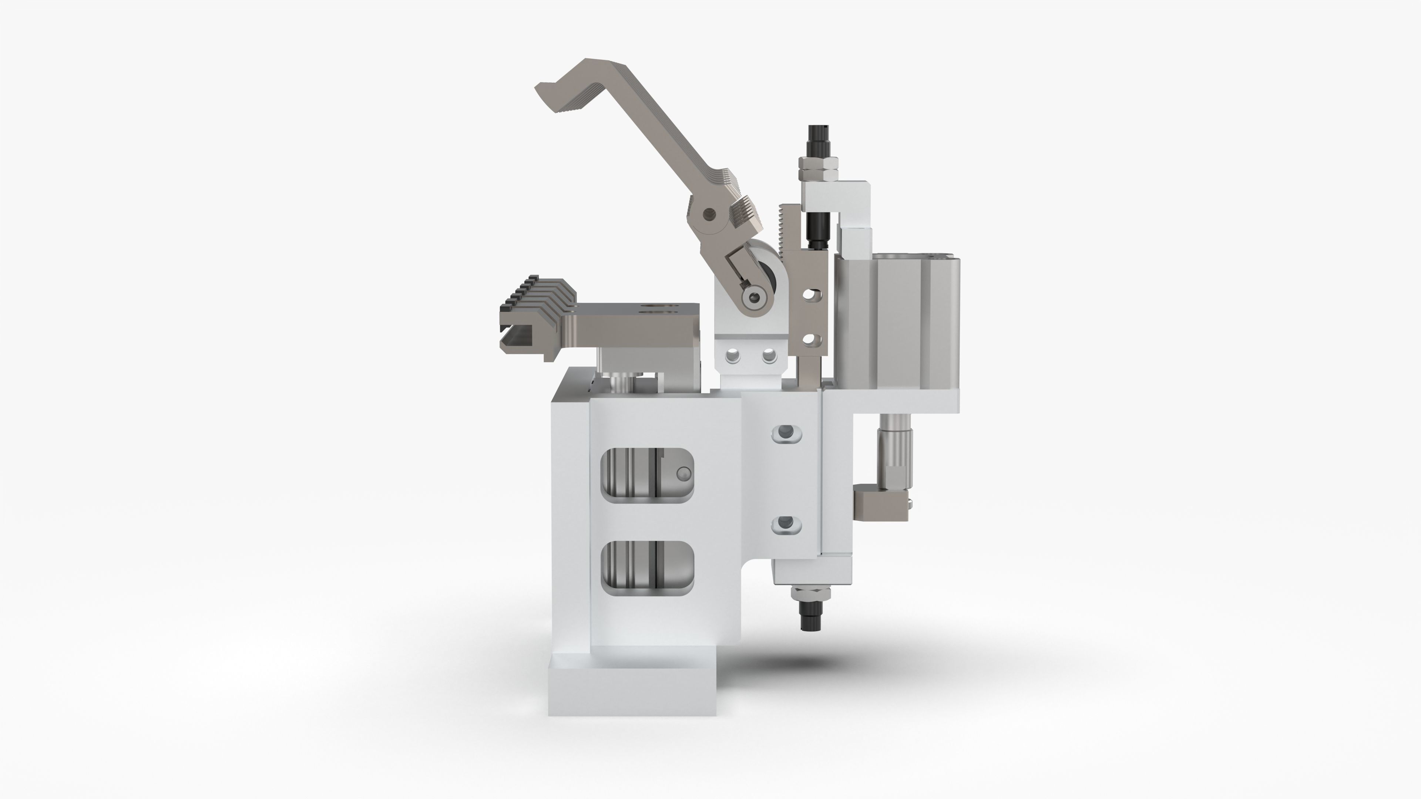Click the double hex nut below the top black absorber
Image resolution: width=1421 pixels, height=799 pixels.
(x=819, y=169)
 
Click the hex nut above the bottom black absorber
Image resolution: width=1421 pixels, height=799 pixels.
(x=810, y=594)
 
